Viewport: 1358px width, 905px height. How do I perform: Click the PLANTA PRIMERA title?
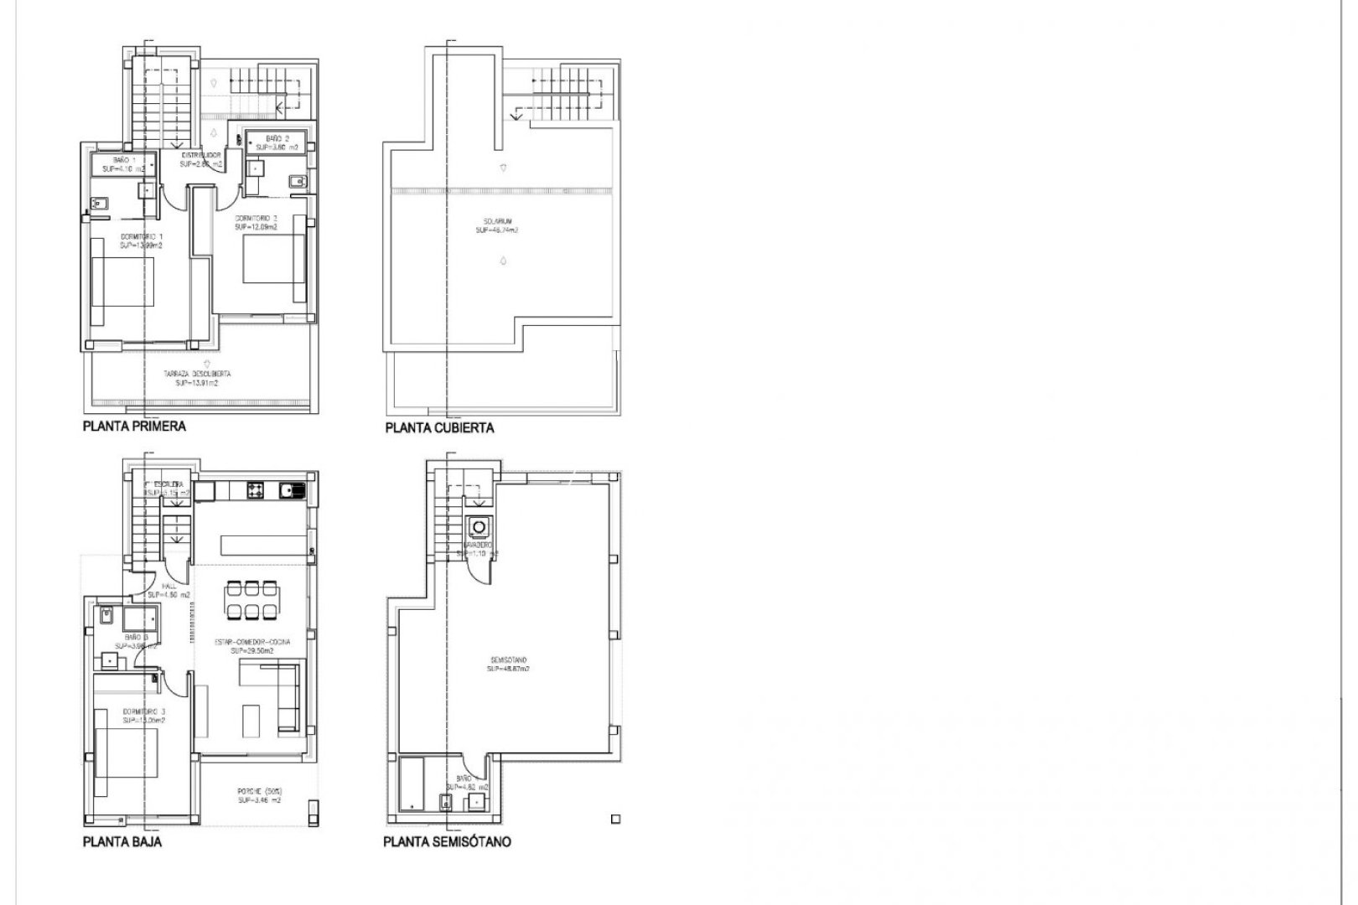pos(134,426)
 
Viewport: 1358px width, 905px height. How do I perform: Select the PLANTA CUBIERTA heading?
pos(439,427)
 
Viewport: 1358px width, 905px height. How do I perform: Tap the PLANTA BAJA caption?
pos(122,841)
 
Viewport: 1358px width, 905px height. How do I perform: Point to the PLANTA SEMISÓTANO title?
pos(447,841)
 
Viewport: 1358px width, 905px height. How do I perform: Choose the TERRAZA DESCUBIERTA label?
pos(198,378)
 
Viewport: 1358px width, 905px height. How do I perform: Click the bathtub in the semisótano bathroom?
pos(412,783)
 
